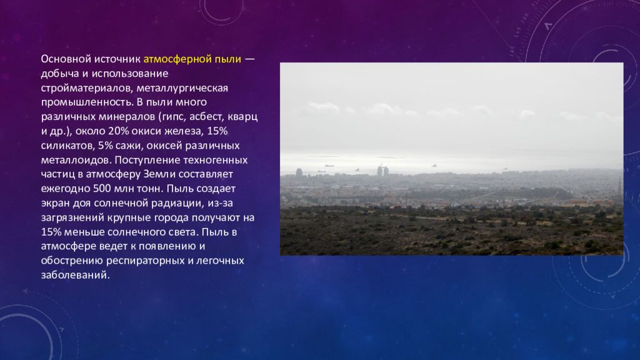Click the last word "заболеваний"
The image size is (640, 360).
75,274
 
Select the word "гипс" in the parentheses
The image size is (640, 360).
172,117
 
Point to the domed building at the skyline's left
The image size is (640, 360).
299,172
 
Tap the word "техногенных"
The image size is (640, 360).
222,160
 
